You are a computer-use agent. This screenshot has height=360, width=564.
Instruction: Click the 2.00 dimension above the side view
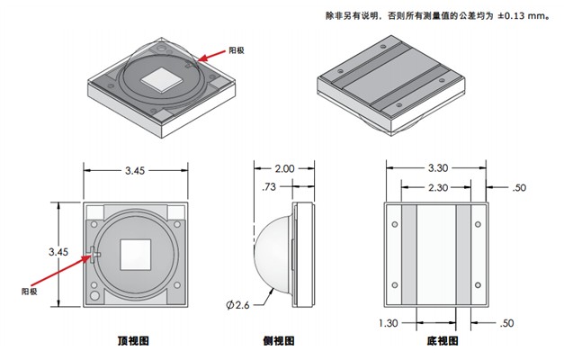284,169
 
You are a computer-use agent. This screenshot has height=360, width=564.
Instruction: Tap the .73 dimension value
267,187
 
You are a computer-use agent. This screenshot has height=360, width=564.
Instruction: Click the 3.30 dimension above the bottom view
438,168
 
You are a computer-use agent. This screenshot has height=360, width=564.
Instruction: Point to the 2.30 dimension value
438,187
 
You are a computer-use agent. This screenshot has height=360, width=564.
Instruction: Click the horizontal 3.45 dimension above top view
137,169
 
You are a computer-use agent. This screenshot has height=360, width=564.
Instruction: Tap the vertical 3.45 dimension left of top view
58,253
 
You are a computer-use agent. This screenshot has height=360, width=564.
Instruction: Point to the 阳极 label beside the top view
30,292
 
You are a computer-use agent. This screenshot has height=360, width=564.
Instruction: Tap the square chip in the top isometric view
163,78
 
